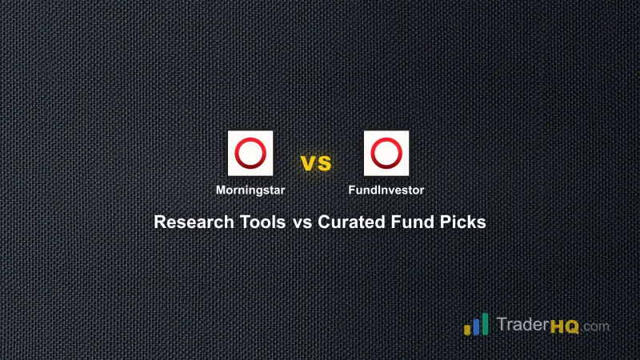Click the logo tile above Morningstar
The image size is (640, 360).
250,153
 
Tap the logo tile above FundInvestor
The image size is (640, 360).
386,153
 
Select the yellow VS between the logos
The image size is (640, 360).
316,164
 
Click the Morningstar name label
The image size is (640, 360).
250,190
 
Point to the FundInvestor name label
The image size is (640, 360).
386,190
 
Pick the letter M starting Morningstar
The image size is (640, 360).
220,190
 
